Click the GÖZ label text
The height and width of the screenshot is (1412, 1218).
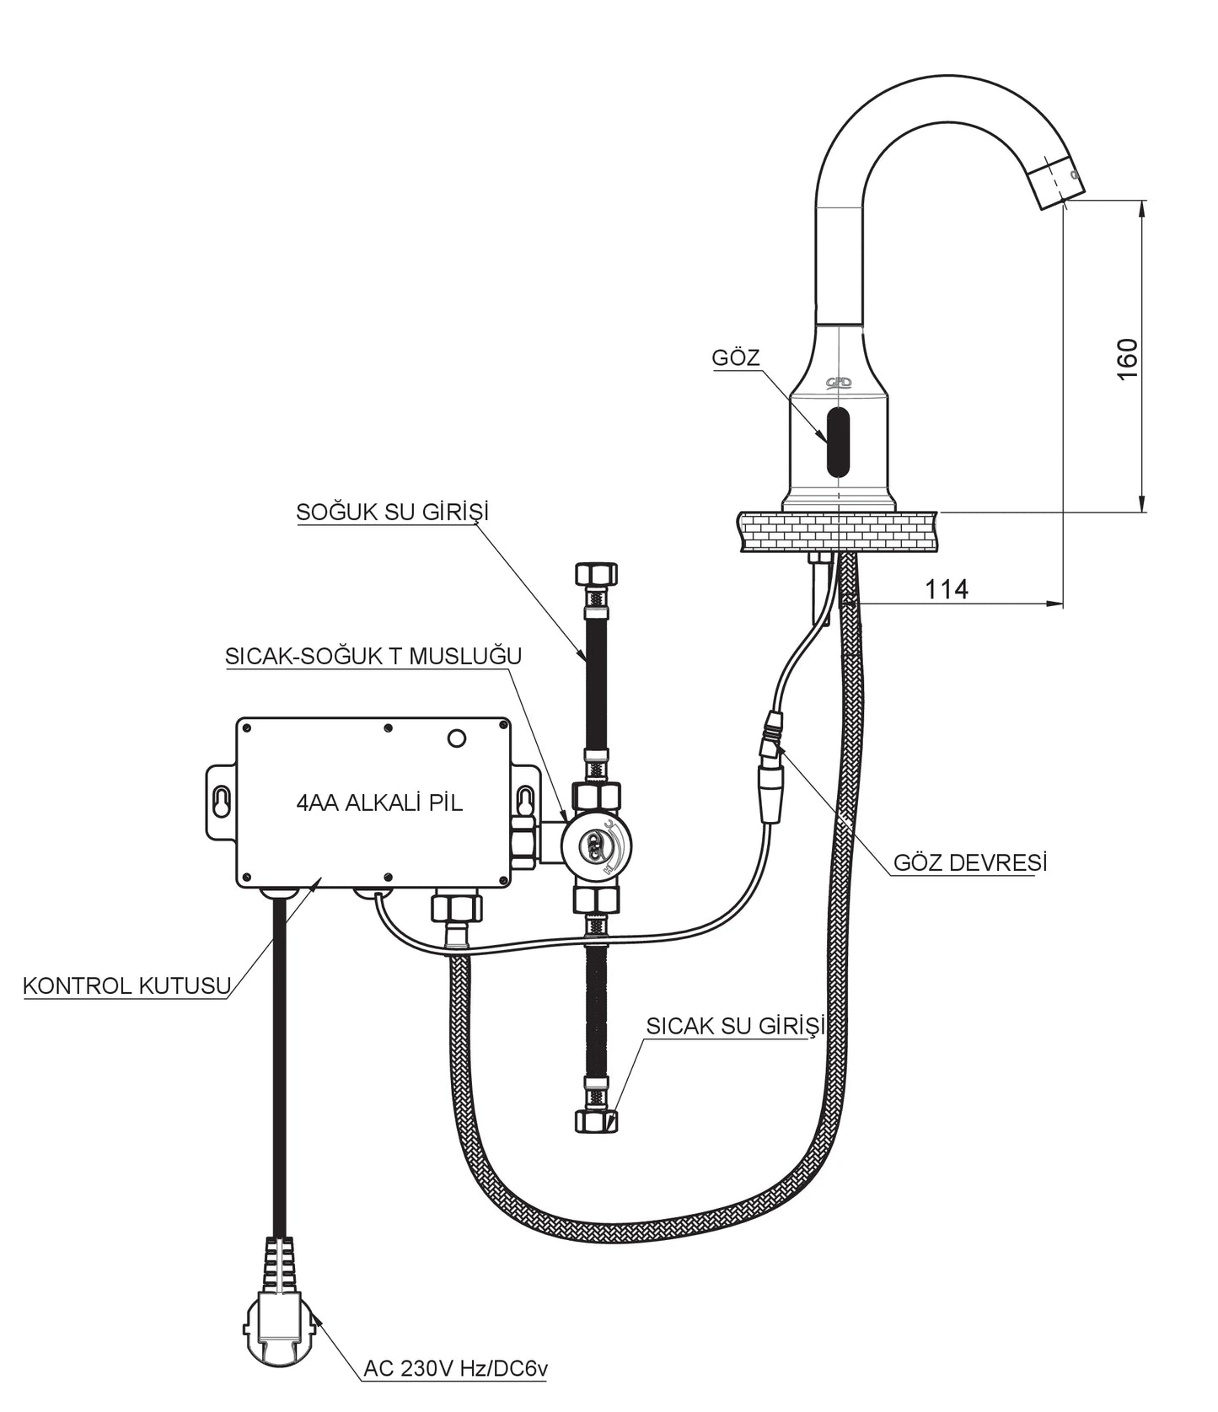tap(735, 357)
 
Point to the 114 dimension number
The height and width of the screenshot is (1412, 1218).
tap(947, 589)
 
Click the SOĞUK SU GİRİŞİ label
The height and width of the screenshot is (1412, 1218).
tap(392, 512)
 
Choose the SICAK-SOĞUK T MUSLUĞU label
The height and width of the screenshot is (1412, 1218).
tap(373, 656)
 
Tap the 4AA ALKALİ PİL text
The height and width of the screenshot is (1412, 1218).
tap(379, 803)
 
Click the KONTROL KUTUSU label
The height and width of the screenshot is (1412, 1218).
tap(126, 985)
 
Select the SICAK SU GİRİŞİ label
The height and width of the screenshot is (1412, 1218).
tap(734, 1025)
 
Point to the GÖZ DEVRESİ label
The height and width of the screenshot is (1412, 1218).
tap(969, 862)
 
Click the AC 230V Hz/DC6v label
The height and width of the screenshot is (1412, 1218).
tap(455, 1368)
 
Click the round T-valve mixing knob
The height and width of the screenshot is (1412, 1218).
tap(598, 845)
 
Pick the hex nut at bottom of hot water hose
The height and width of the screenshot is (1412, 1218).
tap(596, 1120)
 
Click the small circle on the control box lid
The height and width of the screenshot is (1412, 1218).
tap(456, 738)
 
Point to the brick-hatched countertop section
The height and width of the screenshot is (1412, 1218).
tap(840, 531)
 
